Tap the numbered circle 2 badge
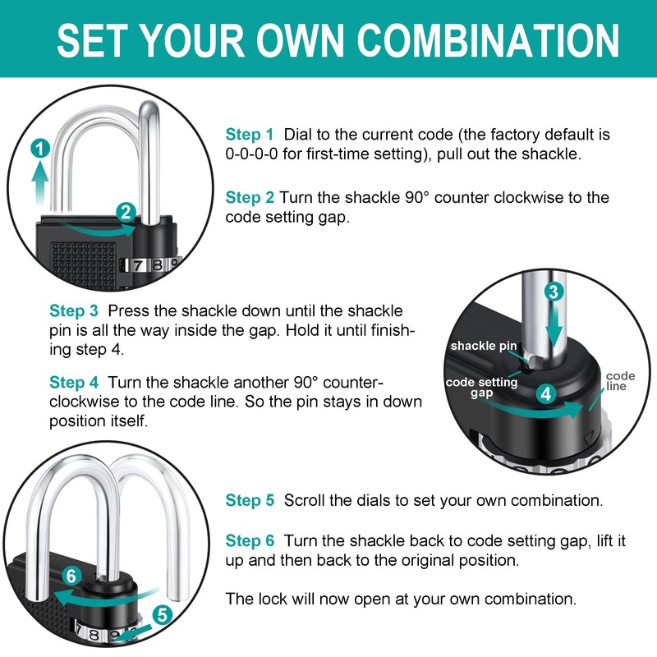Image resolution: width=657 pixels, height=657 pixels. [x=125, y=212]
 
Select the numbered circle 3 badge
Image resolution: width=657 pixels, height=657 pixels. [x=554, y=291]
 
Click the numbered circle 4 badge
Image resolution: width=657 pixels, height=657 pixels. [x=546, y=393]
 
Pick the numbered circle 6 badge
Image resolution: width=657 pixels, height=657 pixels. [x=71, y=577]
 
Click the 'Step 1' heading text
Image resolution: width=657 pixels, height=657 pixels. [x=250, y=134]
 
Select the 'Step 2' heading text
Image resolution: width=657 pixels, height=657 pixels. [x=250, y=197]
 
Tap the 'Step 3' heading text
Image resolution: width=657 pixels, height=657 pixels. [x=74, y=311]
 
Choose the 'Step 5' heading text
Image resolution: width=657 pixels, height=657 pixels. [x=250, y=500]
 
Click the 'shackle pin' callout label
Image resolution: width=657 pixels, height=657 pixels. [x=484, y=346]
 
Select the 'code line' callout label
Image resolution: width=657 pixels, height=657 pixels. [x=620, y=381]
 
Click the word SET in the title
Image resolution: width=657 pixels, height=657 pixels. [x=91, y=39]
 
